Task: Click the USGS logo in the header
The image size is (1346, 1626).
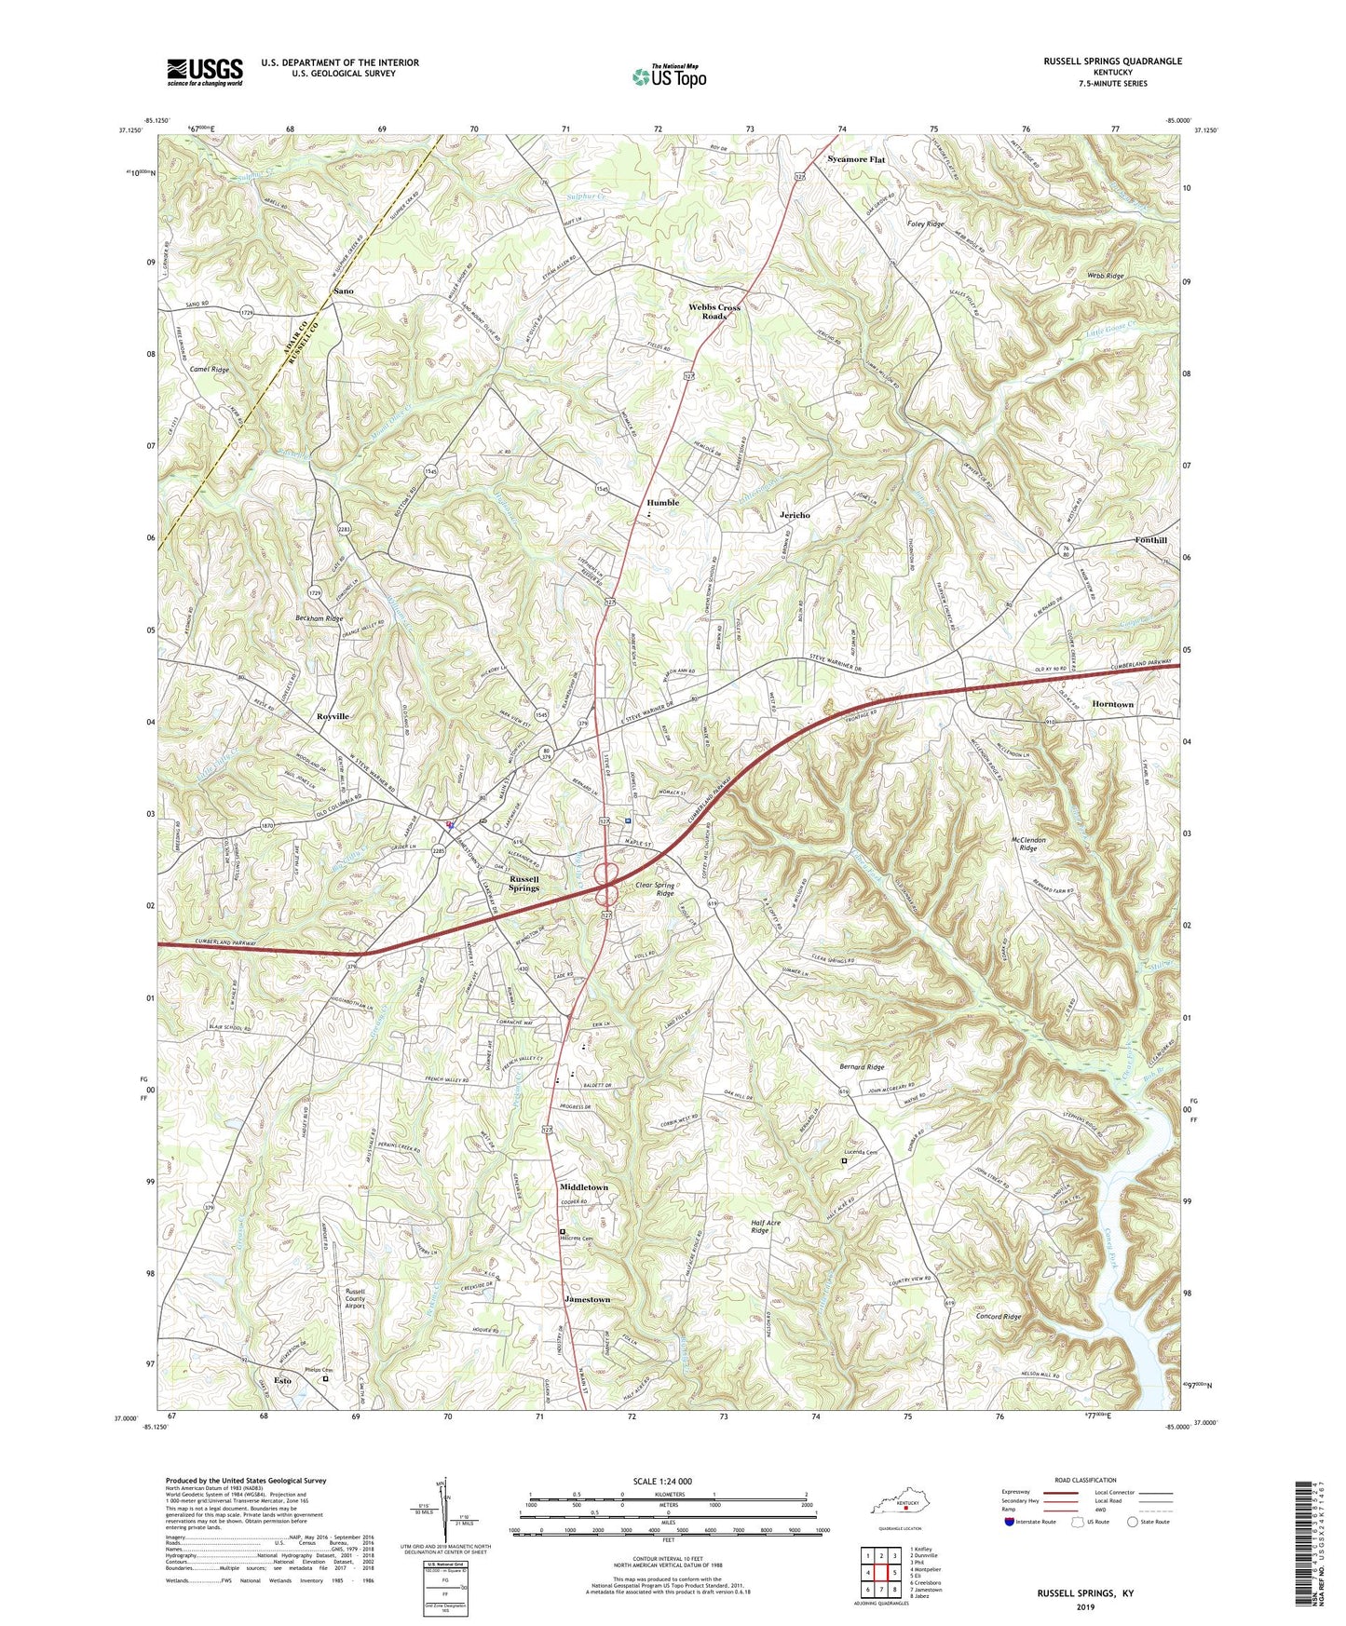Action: [x=205, y=72]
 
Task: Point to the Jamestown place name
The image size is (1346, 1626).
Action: [x=587, y=1299]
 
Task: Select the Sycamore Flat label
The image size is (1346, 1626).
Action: [x=856, y=159]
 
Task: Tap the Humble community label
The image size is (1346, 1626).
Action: [x=663, y=503]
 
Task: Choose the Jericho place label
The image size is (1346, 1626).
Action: [x=795, y=515]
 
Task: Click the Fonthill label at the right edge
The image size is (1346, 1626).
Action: [x=1150, y=540]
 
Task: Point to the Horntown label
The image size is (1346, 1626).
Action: [x=1112, y=704]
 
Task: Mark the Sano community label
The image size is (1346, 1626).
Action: [x=343, y=291]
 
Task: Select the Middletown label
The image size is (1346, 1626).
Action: [x=583, y=1187]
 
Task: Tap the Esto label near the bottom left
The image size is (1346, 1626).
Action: [x=281, y=1380]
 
